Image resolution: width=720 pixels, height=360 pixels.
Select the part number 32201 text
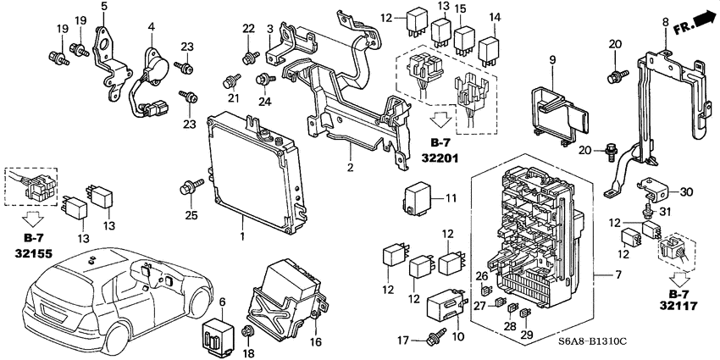[440, 158]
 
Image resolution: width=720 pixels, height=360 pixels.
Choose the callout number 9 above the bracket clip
[551, 59]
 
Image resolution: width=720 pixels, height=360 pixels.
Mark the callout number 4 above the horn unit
[150, 27]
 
